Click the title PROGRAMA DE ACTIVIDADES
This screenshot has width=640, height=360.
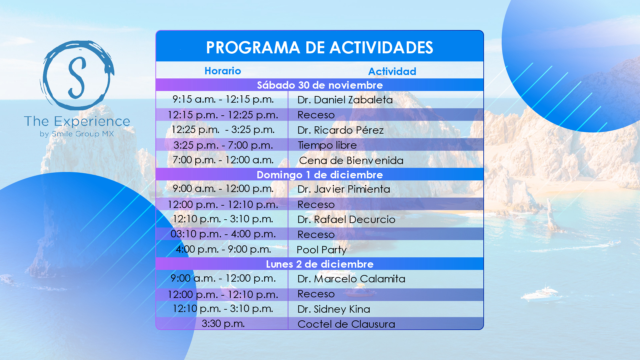(x=319, y=48)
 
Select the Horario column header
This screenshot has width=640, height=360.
(x=223, y=71)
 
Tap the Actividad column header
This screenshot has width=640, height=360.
(x=392, y=71)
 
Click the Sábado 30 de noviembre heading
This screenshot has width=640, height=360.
(x=320, y=85)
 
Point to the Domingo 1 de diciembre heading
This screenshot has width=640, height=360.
(x=320, y=175)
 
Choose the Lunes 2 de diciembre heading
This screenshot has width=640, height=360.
(x=320, y=264)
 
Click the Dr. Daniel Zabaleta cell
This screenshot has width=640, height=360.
(x=345, y=100)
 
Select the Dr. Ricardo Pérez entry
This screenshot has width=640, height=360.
(x=340, y=130)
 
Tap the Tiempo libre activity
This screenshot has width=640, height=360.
(x=327, y=145)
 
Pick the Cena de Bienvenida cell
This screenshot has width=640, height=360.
(x=351, y=161)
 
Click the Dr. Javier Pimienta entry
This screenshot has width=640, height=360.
(x=344, y=189)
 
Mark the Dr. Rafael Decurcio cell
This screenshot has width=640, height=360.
(x=346, y=220)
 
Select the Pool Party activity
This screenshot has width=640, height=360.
(x=321, y=250)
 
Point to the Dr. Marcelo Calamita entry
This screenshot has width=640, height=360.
(x=351, y=279)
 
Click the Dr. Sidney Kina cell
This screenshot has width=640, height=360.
(x=334, y=309)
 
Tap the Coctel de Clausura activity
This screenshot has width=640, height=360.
(x=346, y=324)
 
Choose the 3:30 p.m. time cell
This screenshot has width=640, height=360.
(x=223, y=324)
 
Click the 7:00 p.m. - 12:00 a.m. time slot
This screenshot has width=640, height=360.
(x=223, y=160)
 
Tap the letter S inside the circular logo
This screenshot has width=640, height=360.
(x=77, y=77)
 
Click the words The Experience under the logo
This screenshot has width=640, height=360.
(x=77, y=122)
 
